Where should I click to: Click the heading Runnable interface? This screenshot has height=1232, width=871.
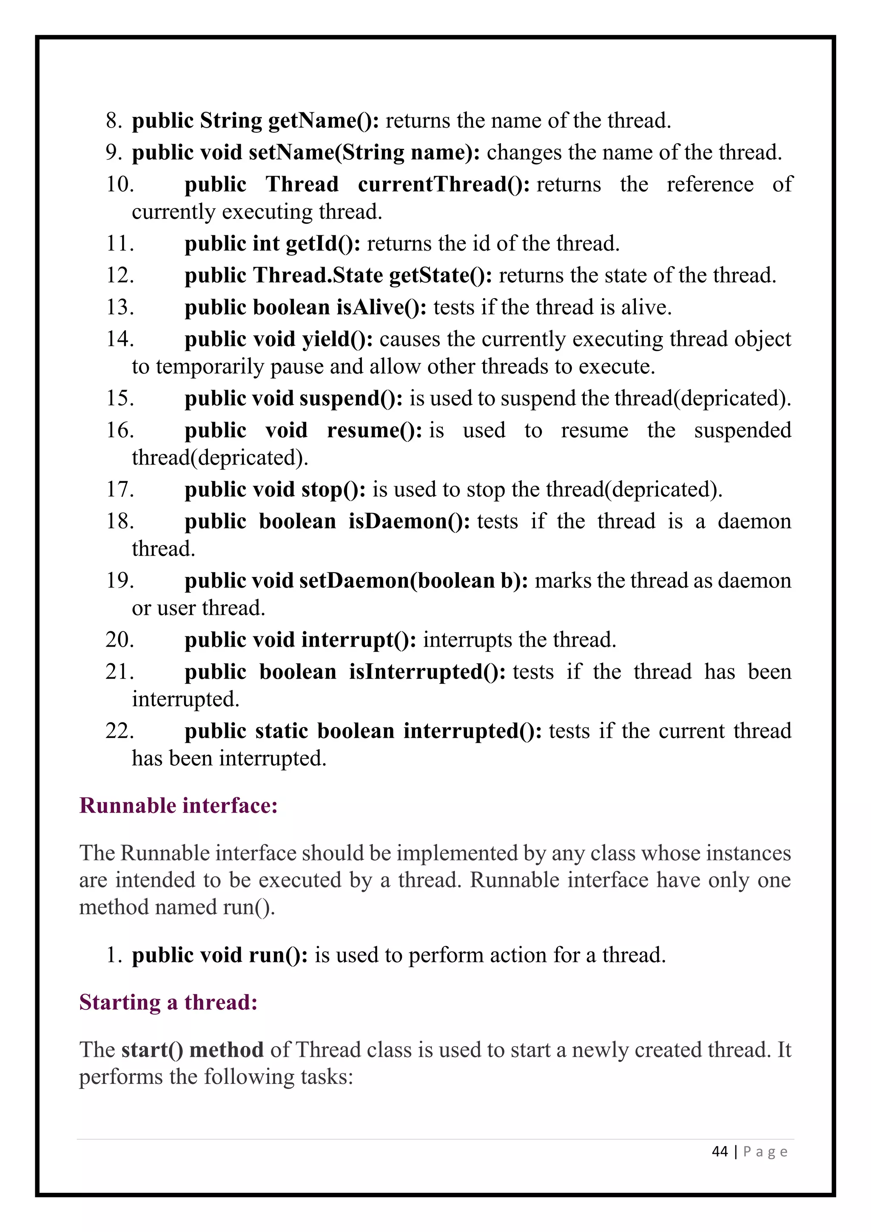click(179, 806)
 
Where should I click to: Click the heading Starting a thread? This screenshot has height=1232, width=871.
click(168, 1002)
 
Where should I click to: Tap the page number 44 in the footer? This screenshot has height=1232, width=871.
click(720, 1152)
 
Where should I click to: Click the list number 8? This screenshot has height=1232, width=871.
click(114, 121)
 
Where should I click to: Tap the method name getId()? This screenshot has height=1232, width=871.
click(323, 244)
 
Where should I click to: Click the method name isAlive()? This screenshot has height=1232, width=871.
click(381, 308)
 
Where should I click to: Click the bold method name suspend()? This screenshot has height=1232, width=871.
click(351, 399)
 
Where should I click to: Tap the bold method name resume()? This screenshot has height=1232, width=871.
click(374, 431)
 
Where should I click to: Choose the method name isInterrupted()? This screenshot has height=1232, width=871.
click(427, 672)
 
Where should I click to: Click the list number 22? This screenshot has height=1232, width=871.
click(119, 731)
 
